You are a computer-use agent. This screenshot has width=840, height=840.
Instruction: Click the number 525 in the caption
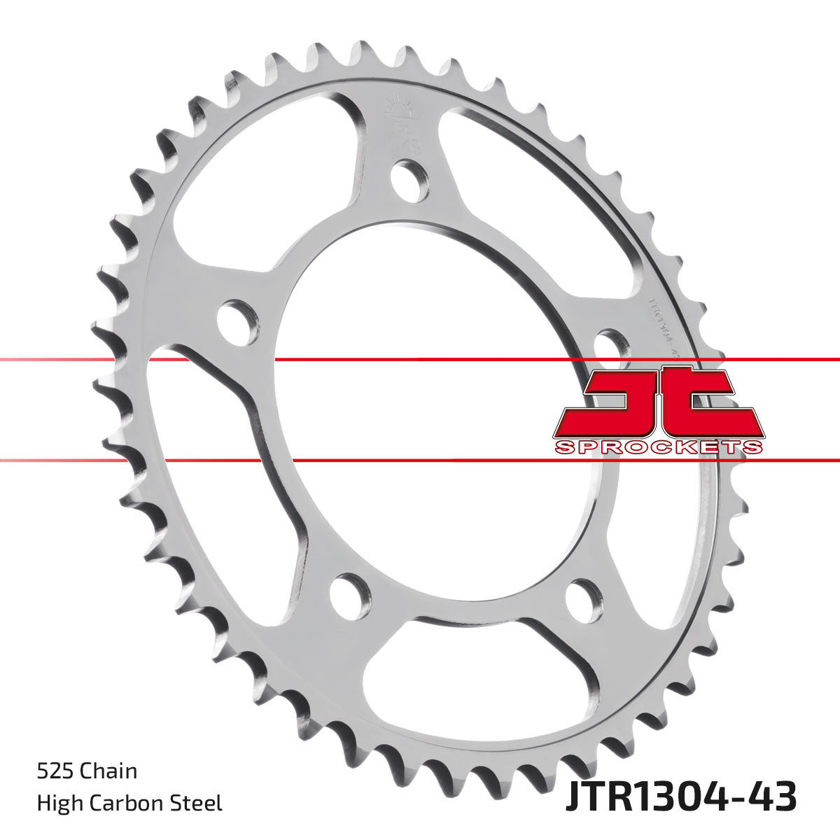pos(55,772)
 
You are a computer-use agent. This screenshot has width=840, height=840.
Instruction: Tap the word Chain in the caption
pos(108,772)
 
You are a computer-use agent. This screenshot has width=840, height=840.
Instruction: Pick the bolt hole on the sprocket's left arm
pos(237,318)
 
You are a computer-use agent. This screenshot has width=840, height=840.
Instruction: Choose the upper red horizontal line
pos(420,360)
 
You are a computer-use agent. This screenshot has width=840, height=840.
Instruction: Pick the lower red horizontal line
pos(420,461)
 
